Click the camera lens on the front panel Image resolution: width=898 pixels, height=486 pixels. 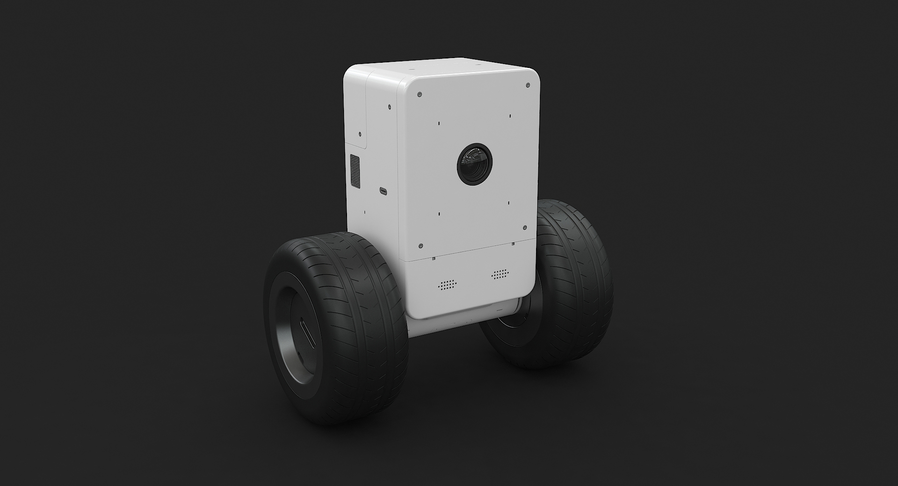coord(474,164)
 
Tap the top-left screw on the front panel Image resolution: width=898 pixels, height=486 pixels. coord(420,94)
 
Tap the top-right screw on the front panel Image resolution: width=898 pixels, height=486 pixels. coord(528,85)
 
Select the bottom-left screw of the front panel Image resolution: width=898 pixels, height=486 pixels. coord(420,245)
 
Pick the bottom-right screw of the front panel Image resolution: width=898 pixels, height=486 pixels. coord(525,228)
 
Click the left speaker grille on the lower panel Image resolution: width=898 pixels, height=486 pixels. coord(447,285)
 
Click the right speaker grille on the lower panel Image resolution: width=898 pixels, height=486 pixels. coord(500,274)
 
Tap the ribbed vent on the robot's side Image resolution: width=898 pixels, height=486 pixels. coord(355,170)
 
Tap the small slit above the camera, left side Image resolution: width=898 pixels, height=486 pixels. coord(439,124)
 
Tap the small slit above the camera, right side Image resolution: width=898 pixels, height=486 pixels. coord(510,116)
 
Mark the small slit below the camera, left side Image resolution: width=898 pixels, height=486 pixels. coord(440,214)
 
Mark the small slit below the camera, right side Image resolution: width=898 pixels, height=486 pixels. coord(509,203)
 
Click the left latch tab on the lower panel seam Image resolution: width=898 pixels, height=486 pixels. coord(434,258)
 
